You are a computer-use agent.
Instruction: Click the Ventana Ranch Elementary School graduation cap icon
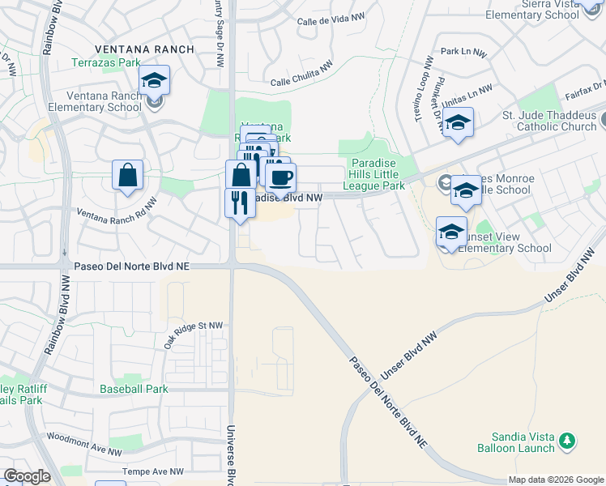coord(154,81)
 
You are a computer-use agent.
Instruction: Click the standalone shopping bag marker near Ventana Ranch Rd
coord(128,175)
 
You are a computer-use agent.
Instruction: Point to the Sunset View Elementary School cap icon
coord(451,232)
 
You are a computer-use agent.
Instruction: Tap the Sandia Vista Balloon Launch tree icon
coord(569,441)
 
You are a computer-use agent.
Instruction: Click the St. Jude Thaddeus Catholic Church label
coord(549,120)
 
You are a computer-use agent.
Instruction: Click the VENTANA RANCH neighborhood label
coord(144,49)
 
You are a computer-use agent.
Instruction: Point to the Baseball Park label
coord(134,389)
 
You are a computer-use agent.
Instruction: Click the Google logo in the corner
coord(27,476)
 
